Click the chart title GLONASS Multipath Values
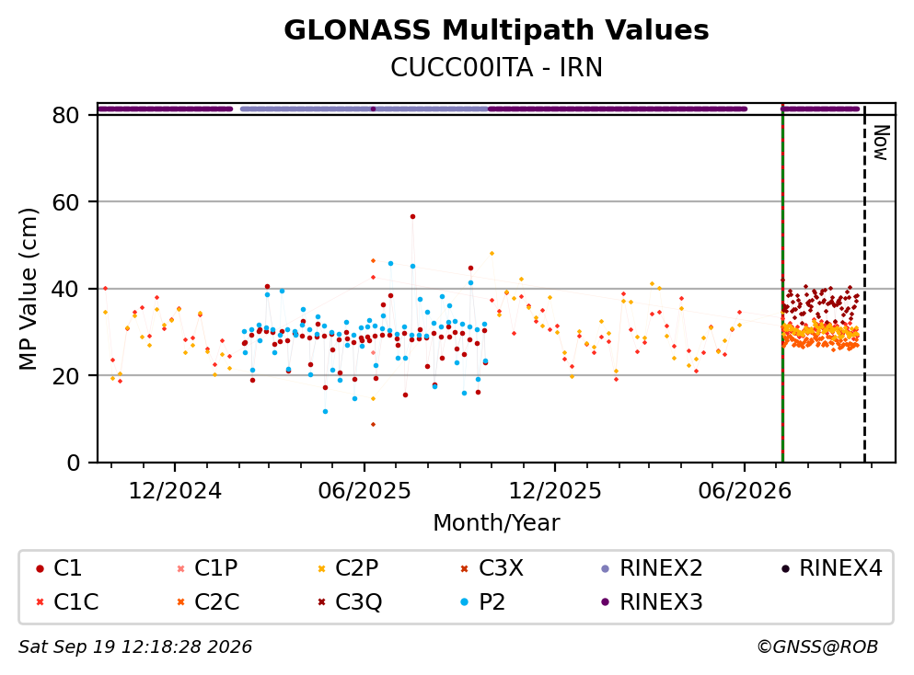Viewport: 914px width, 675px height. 496,30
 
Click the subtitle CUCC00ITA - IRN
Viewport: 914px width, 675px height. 496,67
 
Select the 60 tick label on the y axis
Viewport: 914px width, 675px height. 65,202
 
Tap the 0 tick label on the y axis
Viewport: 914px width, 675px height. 73,463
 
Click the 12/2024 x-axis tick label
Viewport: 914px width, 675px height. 175,491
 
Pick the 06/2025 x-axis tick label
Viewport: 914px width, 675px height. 364,491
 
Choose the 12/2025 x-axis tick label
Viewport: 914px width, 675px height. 555,491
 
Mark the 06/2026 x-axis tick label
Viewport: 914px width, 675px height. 745,491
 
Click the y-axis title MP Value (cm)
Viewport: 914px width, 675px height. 28,289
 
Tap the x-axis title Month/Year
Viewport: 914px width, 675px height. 496,523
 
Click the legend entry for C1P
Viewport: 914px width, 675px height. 207,567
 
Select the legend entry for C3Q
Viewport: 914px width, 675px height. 349,601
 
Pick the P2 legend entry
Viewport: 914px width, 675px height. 483,601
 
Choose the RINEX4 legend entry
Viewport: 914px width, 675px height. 832,567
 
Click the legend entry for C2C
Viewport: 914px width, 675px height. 208,601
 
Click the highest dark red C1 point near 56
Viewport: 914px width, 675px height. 412,217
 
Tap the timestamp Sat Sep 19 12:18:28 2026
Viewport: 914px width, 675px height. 135,647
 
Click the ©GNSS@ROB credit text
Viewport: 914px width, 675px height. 817,647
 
